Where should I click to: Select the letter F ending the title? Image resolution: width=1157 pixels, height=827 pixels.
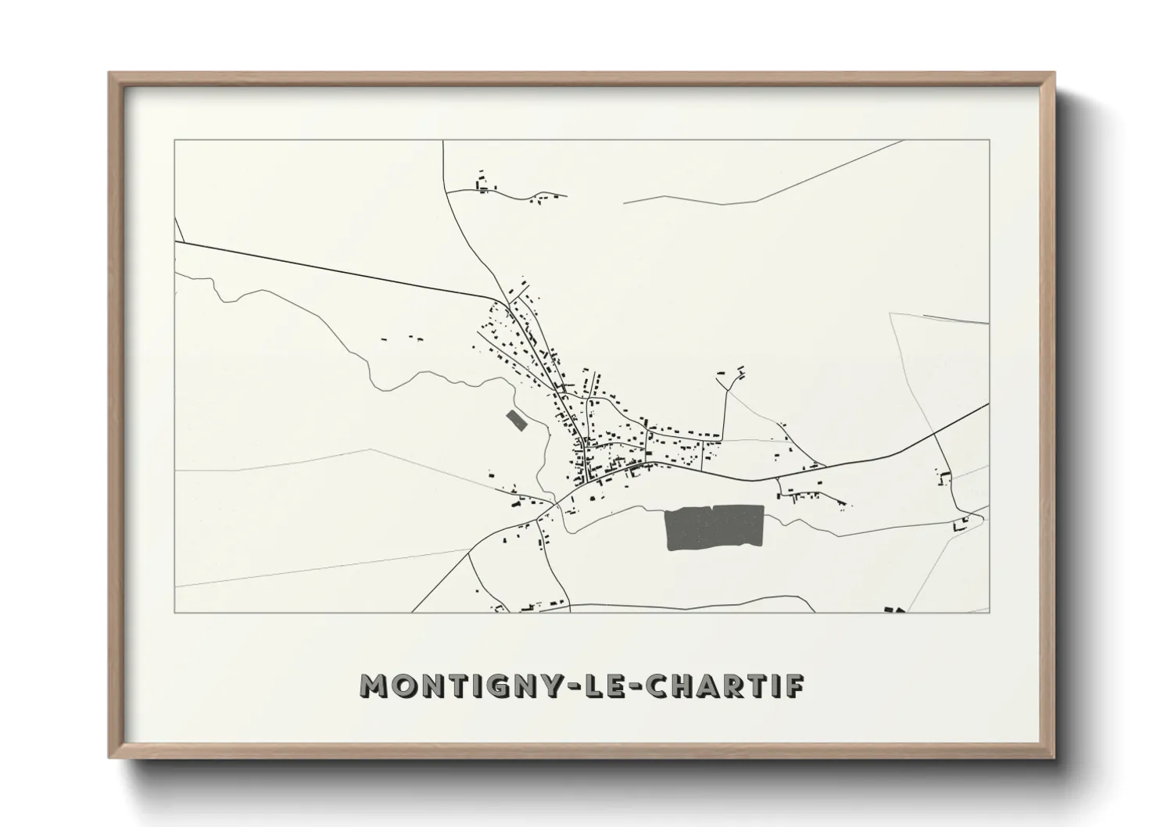pos(793,686)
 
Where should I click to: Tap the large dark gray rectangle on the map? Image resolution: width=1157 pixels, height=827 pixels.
pos(713,528)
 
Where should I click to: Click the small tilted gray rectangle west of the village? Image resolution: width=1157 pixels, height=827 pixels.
pos(516,420)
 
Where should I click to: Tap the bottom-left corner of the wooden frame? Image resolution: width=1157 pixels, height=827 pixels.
pos(110,757)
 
